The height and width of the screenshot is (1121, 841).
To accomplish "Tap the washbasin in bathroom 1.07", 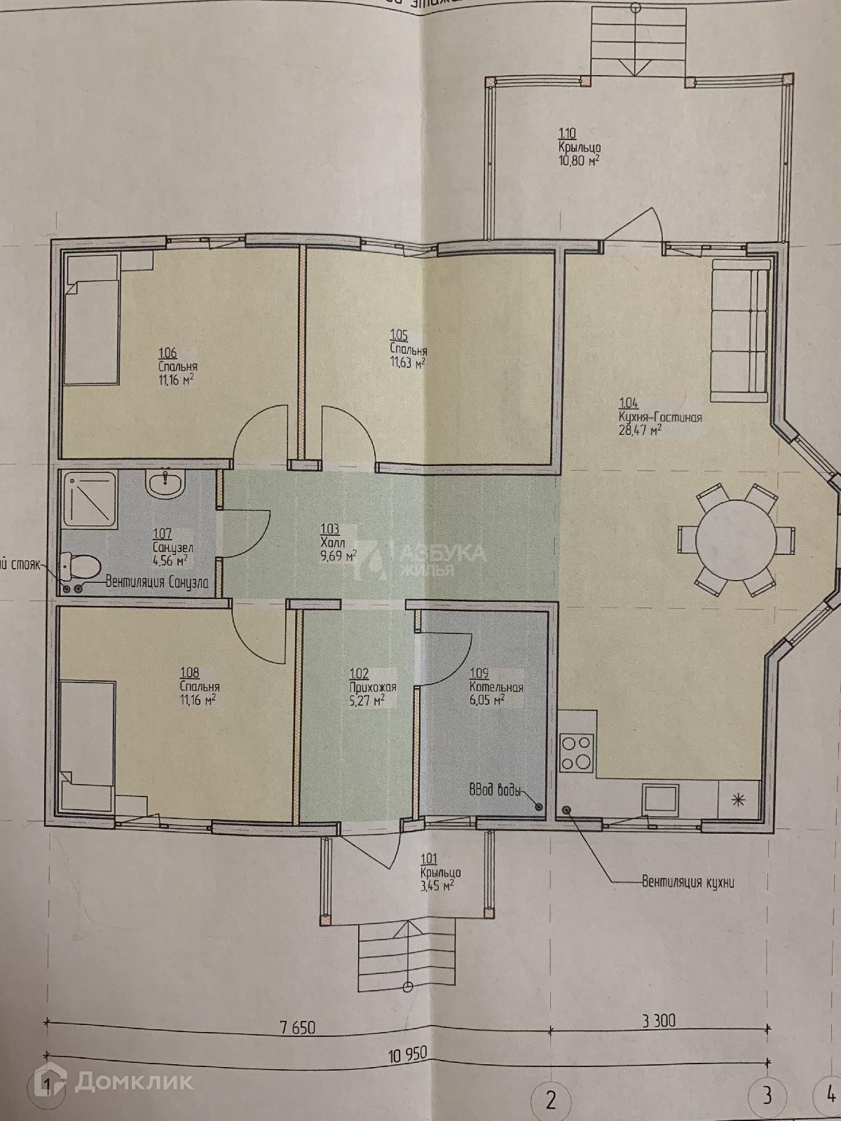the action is [x=165, y=483].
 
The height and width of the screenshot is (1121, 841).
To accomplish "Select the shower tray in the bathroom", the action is [x=89, y=498].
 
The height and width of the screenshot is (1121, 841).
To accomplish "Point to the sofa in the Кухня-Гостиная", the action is [x=740, y=330].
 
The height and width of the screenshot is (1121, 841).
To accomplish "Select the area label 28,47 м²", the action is [x=640, y=430].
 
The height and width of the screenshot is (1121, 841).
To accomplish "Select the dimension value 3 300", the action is [x=658, y=1020].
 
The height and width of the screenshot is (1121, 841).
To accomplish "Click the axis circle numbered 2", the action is [x=550, y=1100].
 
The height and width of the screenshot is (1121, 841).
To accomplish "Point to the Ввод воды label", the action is [x=494, y=792].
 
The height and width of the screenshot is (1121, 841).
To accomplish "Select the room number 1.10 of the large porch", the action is [x=566, y=132].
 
